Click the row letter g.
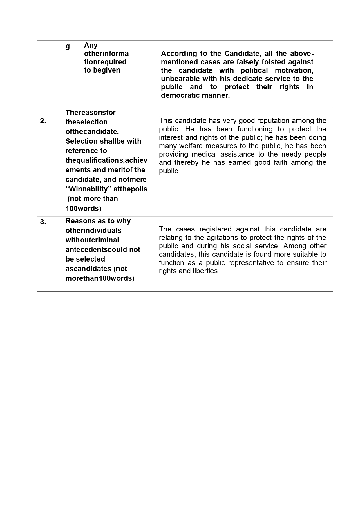[69, 46]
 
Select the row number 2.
[43, 121]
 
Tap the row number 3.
[43, 222]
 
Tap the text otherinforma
[106, 54]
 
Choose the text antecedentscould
[103, 250]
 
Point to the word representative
[255, 263]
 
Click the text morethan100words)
[100, 278]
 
